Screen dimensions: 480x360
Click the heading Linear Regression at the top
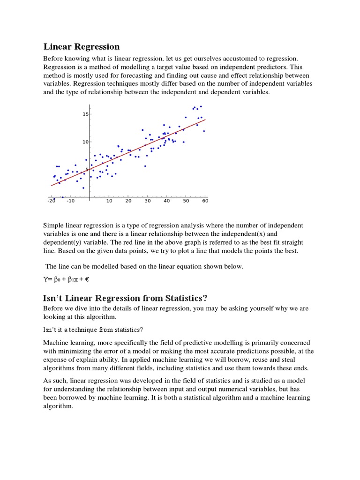coord(82,46)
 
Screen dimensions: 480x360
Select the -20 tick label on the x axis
coord(51,201)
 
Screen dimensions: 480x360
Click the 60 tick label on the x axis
coord(205,201)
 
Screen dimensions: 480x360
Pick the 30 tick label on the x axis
coord(148,201)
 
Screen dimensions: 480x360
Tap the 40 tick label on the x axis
coord(166,201)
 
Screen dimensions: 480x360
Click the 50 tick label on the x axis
coord(186,201)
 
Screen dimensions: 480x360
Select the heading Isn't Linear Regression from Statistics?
coord(125,298)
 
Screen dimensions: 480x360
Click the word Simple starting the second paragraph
coord(53,225)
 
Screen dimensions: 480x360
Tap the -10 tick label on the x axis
coord(70,201)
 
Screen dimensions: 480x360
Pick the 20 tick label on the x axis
coord(128,201)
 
